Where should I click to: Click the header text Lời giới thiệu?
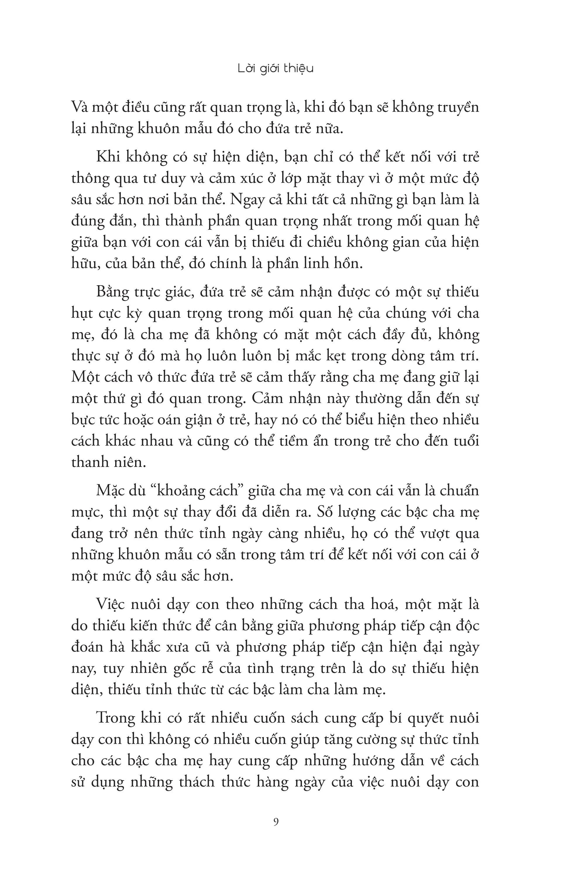click(x=276, y=69)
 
